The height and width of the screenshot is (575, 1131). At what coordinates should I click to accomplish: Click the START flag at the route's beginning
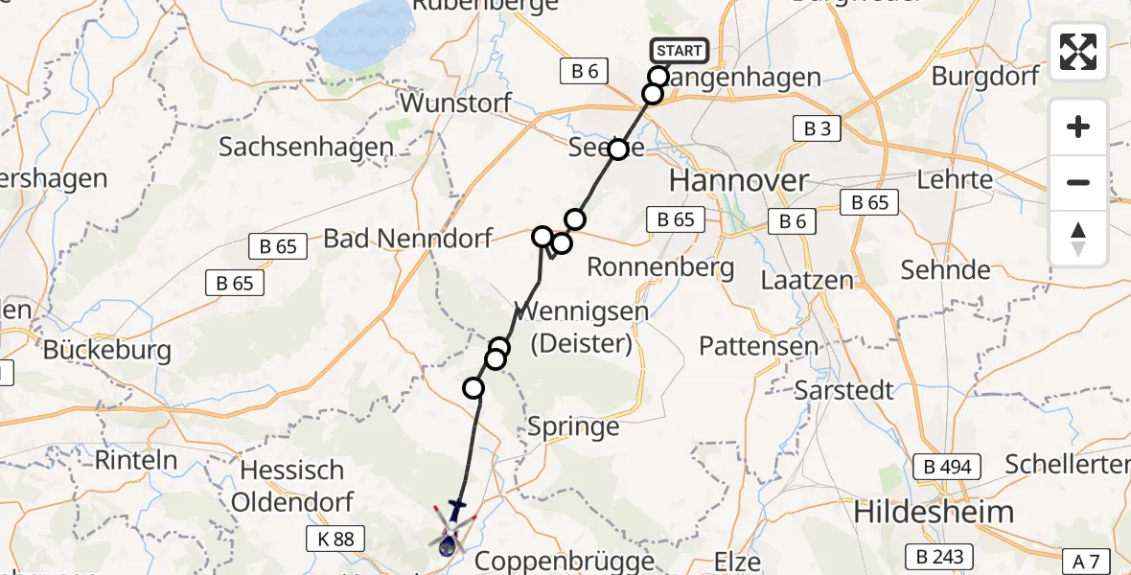[679, 50]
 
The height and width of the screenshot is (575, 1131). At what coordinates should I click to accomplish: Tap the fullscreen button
[1078, 52]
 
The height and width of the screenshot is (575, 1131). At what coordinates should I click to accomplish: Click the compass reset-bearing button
[1078, 238]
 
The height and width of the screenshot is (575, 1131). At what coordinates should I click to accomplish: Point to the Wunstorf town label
[457, 103]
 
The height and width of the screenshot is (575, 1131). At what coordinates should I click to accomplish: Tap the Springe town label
[574, 426]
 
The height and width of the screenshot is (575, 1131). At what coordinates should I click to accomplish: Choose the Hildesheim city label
[933, 512]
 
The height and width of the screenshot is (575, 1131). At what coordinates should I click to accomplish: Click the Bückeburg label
[106, 351]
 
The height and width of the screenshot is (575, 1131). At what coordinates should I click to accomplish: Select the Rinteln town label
[136, 460]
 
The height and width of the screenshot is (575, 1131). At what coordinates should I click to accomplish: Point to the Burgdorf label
[985, 77]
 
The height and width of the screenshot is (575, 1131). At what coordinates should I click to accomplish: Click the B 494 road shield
[947, 467]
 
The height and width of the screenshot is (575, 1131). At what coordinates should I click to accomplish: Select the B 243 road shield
[940, 556]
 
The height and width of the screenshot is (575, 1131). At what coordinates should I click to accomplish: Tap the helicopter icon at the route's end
[450, 530]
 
